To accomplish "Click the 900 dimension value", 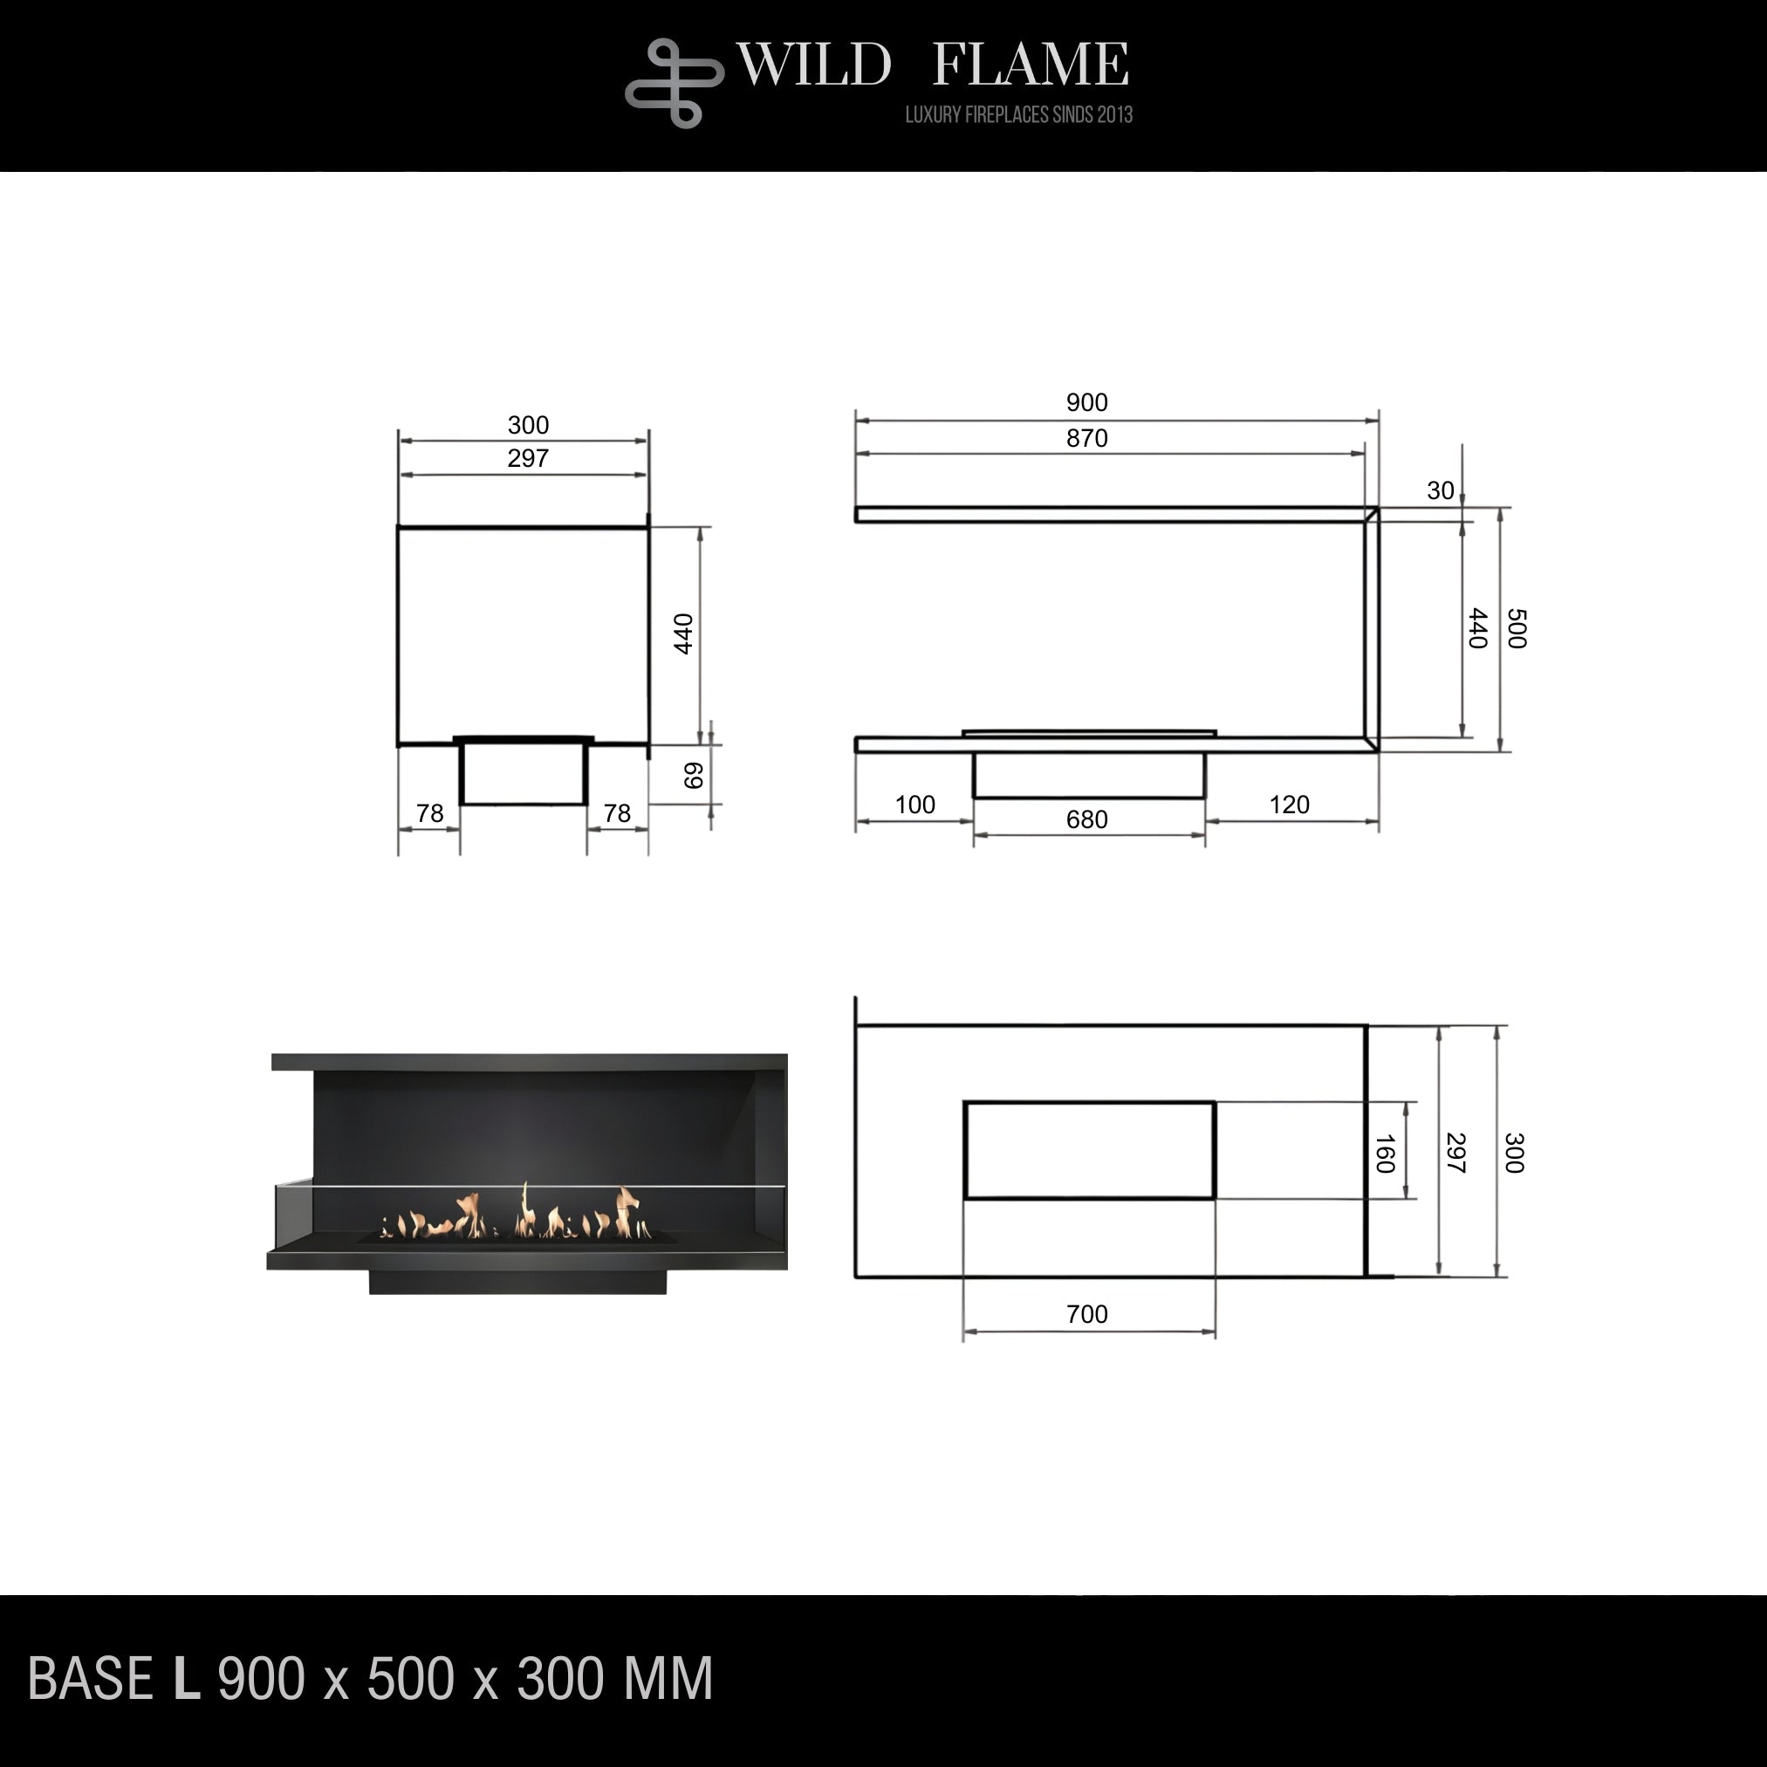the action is pos(1086,402).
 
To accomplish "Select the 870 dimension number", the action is pos(1086,439).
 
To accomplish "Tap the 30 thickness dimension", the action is pos(1440,491).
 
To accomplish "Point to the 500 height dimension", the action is pos(1517,628).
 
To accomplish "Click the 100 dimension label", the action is pos(914,805).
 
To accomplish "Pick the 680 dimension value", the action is pos(1086,819).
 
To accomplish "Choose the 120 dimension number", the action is pos(1289,805).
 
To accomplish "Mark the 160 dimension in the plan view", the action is pos(1385,1154).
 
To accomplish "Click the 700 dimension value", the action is pos(1086,1314).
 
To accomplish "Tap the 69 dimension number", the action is pos(693,776).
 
